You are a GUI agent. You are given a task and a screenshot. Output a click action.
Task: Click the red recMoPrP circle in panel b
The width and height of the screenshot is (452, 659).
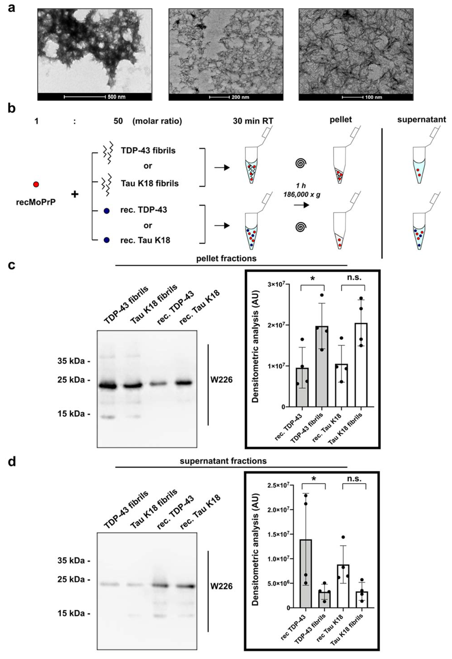click(36, 184)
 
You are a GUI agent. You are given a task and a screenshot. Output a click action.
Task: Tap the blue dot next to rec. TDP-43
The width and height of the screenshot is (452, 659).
click(106, 211)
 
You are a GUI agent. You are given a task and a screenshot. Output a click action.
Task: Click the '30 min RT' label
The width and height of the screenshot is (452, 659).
click(253, 121)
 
